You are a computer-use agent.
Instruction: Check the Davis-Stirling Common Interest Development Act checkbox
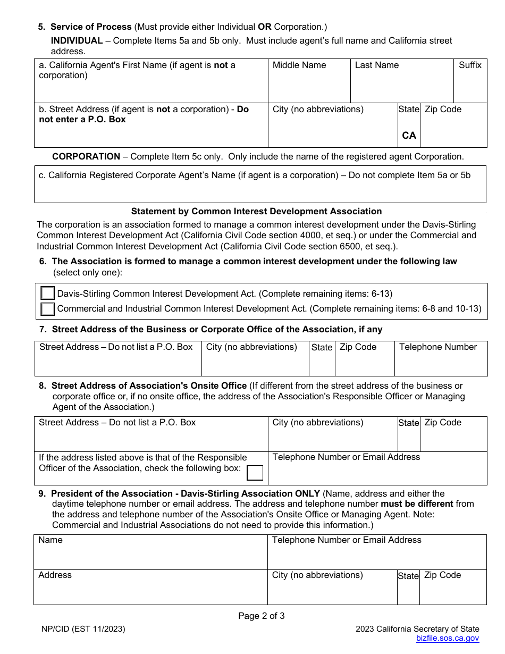point(48,294)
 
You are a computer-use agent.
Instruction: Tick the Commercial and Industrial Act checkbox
point(48,309)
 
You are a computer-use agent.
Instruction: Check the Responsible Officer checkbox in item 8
point(256,473)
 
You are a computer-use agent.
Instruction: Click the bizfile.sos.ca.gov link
point(447,639)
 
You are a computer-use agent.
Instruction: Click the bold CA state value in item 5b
point(409,136)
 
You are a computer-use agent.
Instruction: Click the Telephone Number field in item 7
point(440,364)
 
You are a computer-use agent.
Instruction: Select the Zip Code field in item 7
point(364,364)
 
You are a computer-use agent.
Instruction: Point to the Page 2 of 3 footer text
point(261,616)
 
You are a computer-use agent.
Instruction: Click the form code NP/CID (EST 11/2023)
point(83,629)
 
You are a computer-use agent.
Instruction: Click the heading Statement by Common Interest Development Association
point(256,211)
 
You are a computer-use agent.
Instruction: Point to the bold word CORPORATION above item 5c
point(86,156)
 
